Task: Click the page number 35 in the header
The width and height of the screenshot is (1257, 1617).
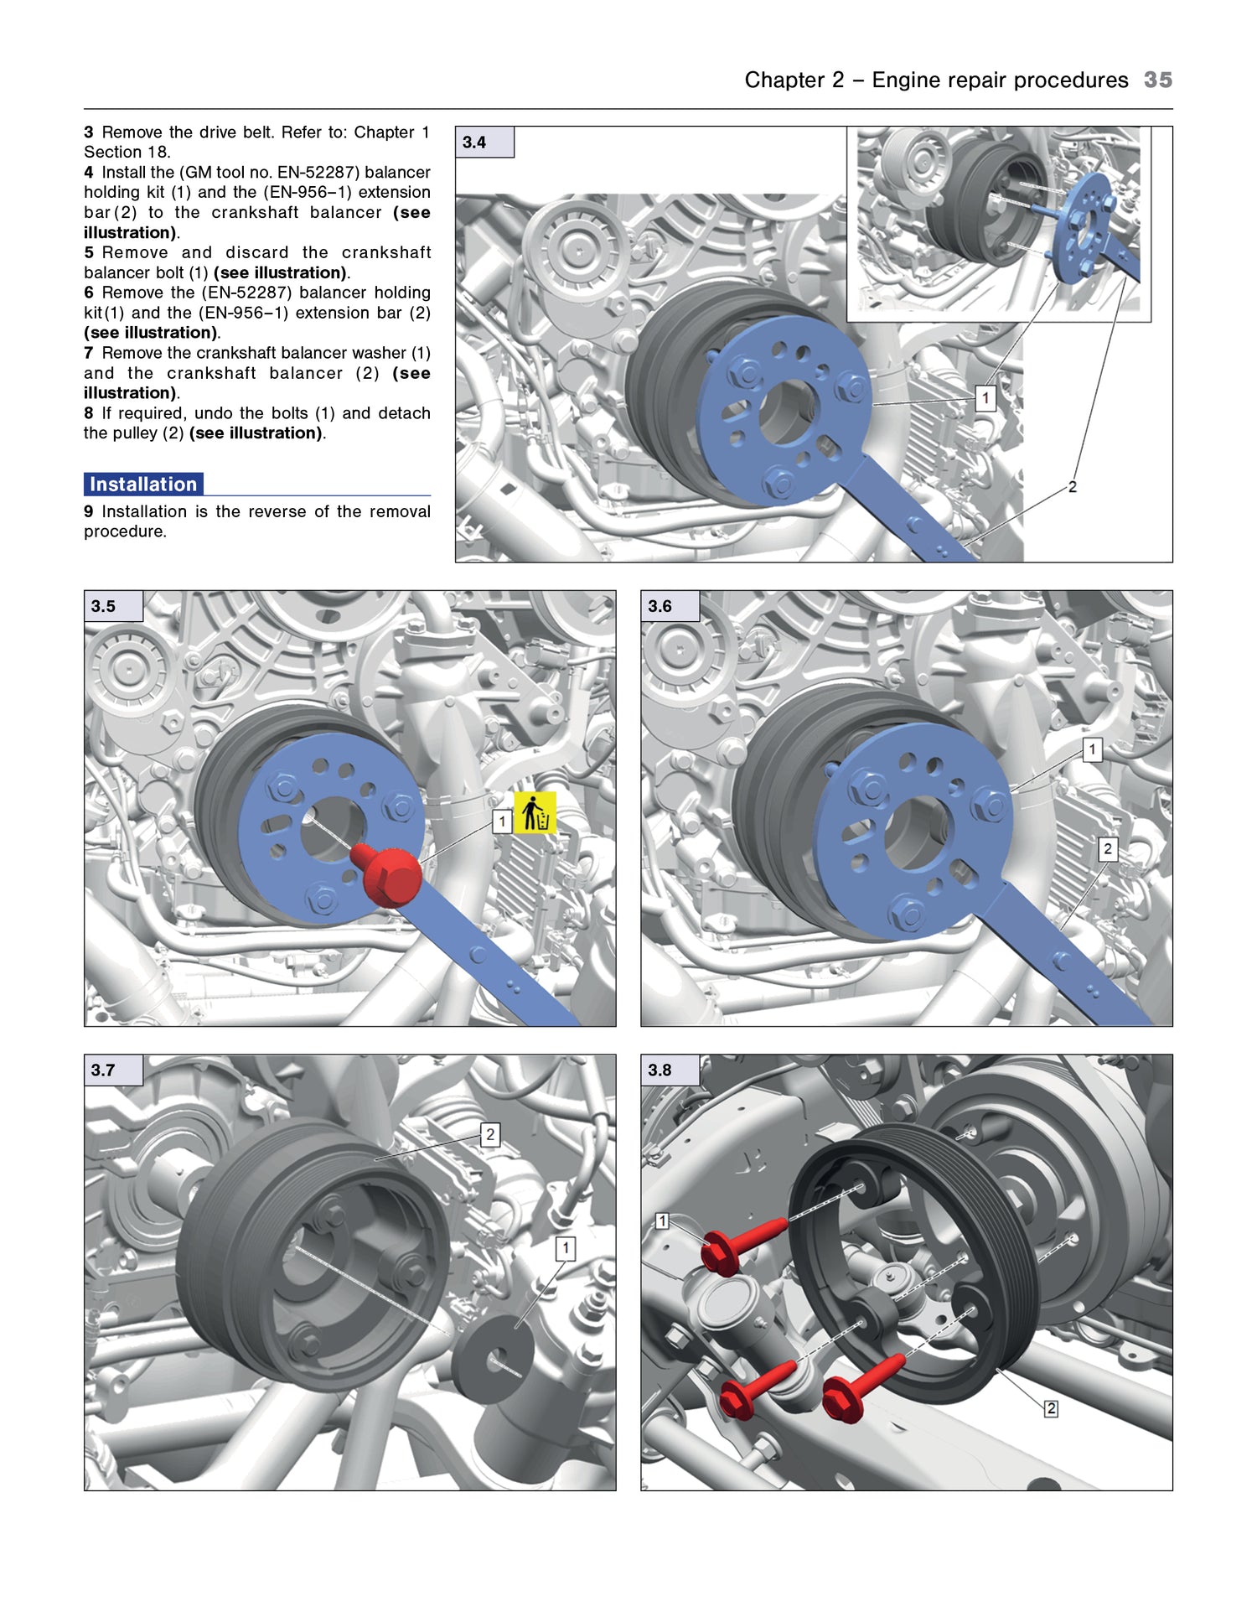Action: (1157, 80)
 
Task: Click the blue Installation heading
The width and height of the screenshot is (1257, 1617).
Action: (143, 485)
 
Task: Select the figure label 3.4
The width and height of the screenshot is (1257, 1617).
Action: (474, 143)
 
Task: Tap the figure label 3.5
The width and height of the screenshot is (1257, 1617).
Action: (103, 606)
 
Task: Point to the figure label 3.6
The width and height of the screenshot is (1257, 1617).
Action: (660, 606)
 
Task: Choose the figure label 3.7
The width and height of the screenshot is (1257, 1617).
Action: (103, 1070)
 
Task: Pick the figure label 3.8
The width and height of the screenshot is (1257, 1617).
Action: (660, 1070)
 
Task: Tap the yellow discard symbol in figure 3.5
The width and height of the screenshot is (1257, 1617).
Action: (535, 812)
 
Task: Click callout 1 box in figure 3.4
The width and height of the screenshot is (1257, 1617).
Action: (985, 398)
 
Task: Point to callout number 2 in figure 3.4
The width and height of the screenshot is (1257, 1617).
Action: (1072, 487)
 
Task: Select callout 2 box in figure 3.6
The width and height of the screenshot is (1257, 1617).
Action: (1108, 849)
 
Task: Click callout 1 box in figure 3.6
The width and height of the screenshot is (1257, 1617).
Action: (1092, 749)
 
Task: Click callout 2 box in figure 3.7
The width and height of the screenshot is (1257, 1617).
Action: (490, 1135)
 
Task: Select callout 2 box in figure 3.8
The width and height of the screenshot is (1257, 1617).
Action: (1051, 1409)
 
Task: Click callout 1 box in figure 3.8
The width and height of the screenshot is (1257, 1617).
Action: (662, 1221)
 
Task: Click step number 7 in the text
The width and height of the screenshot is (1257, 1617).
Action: (89, 353)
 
